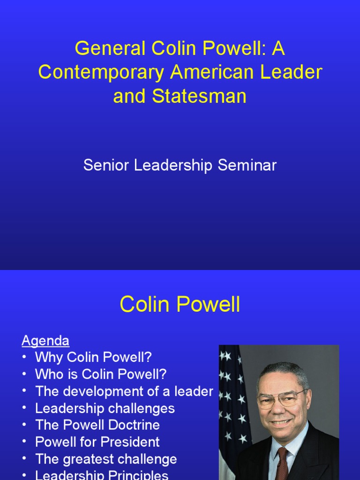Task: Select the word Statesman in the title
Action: pos(199,96)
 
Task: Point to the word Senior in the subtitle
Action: pos(105,165)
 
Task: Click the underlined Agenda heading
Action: pos(45,341)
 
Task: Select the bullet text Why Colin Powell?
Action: pos(93,358)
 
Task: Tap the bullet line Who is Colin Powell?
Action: pos(101,375)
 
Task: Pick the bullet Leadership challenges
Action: pos(105,408)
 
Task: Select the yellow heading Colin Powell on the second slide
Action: pos(180,305)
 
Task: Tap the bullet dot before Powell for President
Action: pos(24,442)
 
